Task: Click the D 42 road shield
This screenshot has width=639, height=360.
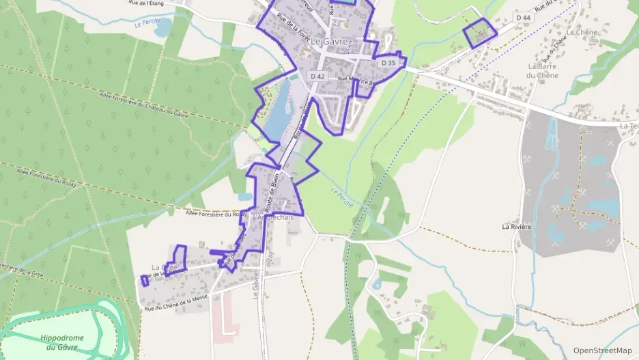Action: tap(317, 77)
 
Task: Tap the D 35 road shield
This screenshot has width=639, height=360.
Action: tap(388, 63)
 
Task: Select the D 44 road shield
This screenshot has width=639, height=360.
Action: tap(524, 18)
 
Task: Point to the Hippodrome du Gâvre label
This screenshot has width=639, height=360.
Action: tap(62, 342)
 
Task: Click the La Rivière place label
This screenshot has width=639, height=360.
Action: tap(517, 226)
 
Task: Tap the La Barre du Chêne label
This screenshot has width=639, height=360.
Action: tap(543, 70)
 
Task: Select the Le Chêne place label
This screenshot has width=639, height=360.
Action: tap(582, 32)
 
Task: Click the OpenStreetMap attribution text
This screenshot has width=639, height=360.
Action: tap(603, 350)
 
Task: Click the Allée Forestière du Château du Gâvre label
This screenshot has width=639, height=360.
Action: tap(143, 104)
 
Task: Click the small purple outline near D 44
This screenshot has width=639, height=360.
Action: tap(479, 33)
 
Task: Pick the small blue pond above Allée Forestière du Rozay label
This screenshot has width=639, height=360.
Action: tap(244, 197)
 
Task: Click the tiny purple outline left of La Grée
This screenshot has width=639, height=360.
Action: tap(145, 280)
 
